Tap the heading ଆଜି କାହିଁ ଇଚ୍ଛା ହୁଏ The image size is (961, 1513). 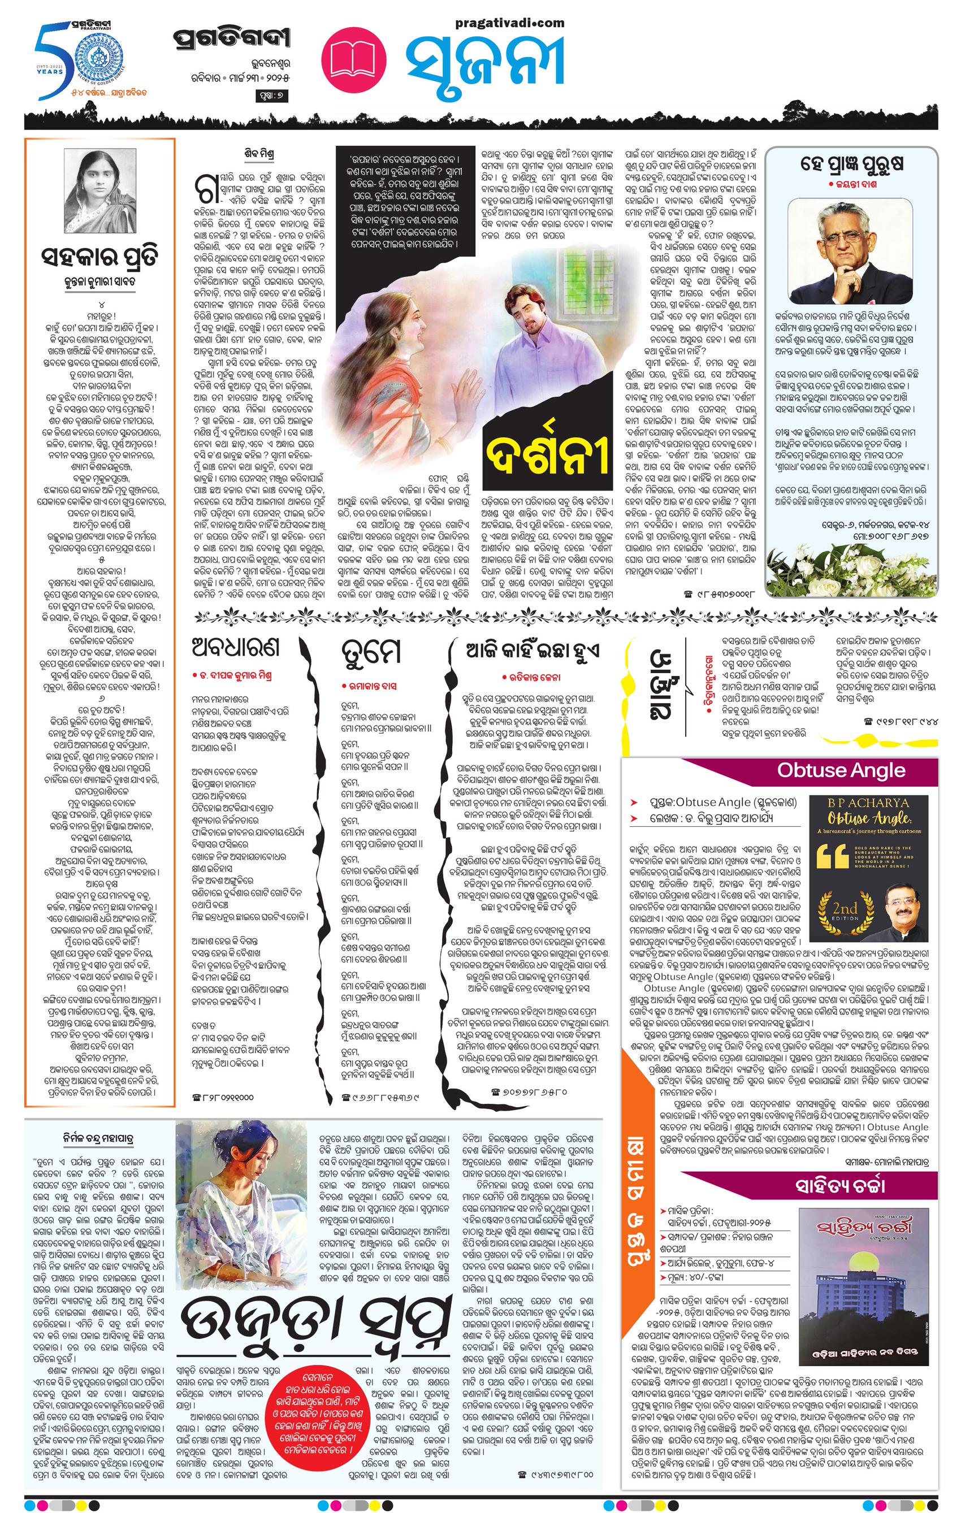pyautogui.click(x=533, y=651)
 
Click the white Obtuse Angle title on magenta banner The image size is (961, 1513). pyautogui.click(x=841, y=770)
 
